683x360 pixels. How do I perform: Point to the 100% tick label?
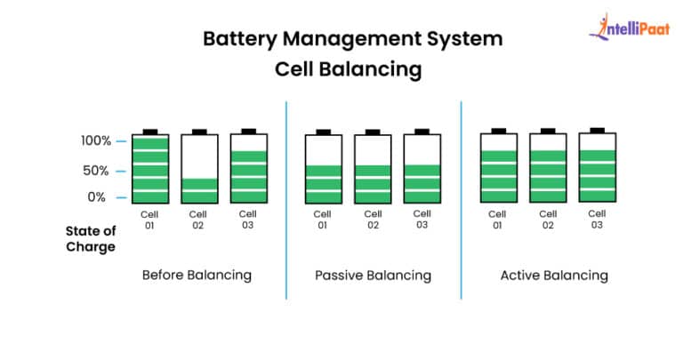[92, 140]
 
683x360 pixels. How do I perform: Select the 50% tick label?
[94, 170]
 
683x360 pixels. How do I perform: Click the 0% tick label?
[97, 196]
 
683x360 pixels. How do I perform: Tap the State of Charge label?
[90, 239]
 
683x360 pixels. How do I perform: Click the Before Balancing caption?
[197, 275]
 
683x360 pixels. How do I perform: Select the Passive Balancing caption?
[373, 275]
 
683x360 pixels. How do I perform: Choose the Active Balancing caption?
[554, 275]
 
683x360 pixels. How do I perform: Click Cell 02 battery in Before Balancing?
[199, 168]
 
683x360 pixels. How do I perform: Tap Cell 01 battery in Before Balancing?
[150, 168]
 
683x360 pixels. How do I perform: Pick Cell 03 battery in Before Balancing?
[248, 168]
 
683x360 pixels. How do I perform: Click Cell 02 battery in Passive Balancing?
[373, 168]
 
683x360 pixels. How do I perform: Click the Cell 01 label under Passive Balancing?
[323, 220]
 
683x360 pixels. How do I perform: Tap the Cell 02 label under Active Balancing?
[548, 220]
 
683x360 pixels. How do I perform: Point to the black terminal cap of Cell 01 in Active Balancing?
[499, 131]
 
